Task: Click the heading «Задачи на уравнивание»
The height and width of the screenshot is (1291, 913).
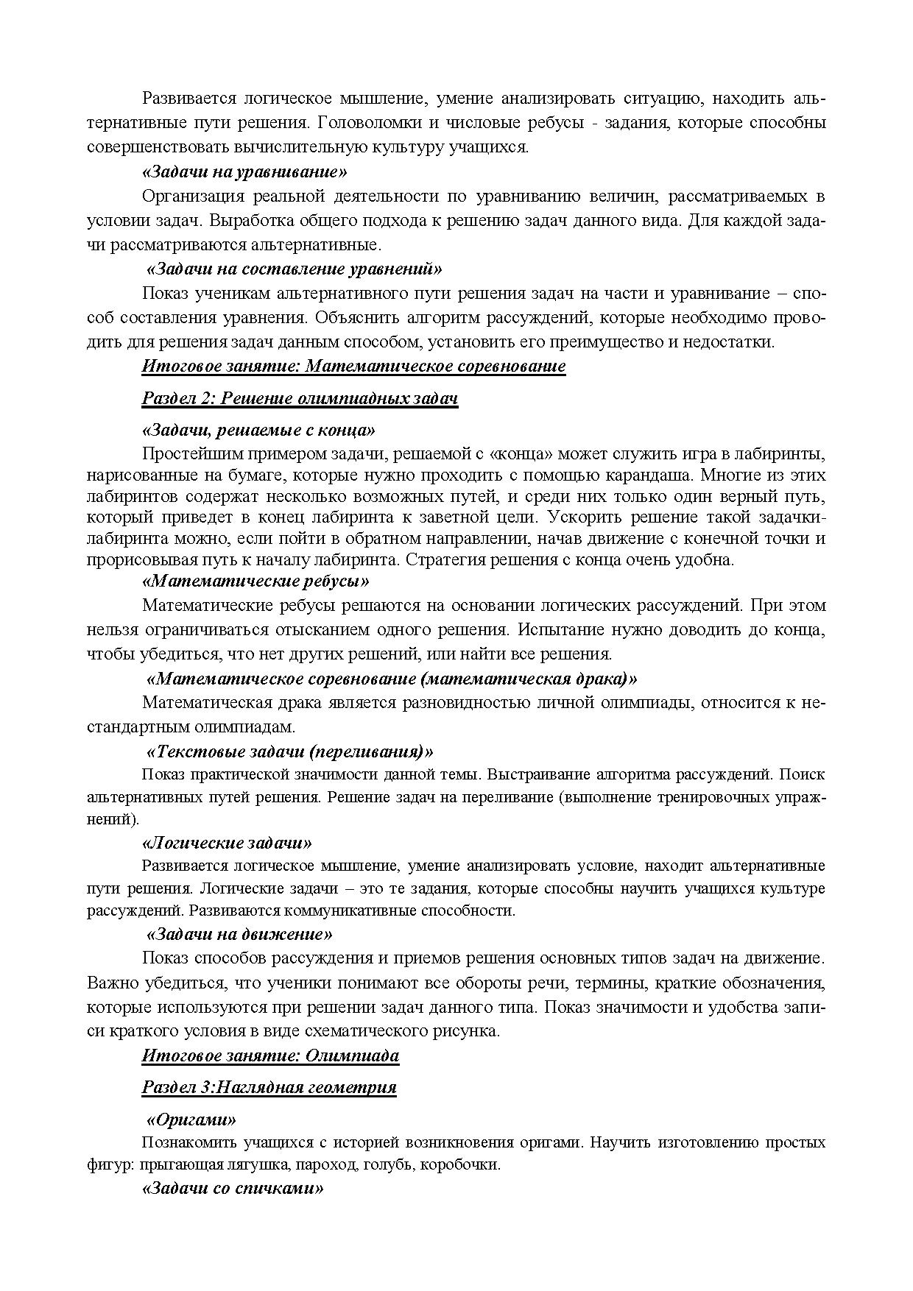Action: [244, 172]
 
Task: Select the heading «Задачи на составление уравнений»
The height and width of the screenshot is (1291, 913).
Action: [294, 269]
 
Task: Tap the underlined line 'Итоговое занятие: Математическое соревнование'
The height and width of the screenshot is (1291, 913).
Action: [353, 366]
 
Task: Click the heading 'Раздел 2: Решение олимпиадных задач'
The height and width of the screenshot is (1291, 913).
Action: [300, 398]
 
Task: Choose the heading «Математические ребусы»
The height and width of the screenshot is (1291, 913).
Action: [255, 581]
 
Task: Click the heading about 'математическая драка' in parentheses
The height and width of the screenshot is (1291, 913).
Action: [392, 678]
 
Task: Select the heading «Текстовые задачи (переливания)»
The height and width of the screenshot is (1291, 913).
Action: [290, 751]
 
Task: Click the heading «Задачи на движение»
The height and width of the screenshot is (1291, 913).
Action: [239, 934]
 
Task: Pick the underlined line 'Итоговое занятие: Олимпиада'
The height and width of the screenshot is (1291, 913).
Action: [270, 1055]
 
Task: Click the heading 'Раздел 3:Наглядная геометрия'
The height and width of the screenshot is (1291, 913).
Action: [269, 1087]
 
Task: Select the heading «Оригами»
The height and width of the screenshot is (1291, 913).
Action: [191, 1120]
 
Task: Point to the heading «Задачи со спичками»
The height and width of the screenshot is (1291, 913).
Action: [233, 1189]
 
